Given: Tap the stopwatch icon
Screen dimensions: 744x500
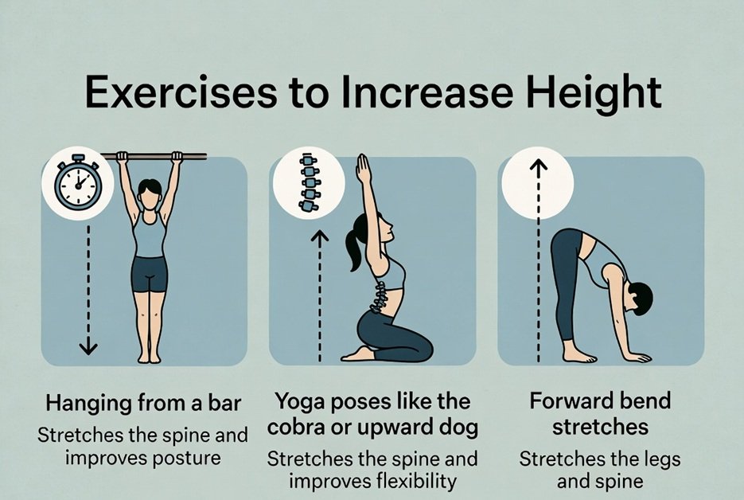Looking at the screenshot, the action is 78,182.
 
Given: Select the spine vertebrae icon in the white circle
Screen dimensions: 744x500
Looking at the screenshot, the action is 308,182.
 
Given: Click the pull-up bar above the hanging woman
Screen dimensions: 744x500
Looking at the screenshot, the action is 154,156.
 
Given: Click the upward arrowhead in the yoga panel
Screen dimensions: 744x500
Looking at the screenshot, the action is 321,236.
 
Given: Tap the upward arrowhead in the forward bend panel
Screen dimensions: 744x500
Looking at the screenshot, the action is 539,165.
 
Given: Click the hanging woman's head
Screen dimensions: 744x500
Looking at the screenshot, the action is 150,195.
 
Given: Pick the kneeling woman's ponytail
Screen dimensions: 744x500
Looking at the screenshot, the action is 353,247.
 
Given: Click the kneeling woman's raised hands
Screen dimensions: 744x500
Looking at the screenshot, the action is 363,169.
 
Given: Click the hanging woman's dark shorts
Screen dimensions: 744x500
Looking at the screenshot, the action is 150,274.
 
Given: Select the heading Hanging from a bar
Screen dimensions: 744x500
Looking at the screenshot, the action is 143,404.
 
